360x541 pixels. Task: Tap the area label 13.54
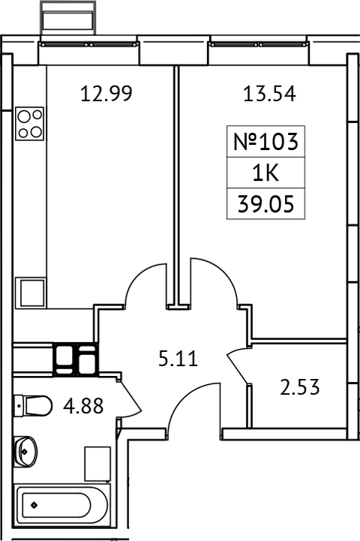(x=269, y=95)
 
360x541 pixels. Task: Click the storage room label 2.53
(x=301, y=388)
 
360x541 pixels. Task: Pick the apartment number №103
(x=267, y=141)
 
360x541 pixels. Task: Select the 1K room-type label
(x=267, y=173)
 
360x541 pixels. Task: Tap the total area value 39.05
(x=267, y=204)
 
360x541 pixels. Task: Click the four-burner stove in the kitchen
(x=30, y=123)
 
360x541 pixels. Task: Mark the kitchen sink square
(x=33, y=292)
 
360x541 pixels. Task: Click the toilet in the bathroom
(x=33, y=406)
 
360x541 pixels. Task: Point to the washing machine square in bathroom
(x=97, y=463)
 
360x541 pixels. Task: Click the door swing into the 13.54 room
(x=214, y=281)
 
